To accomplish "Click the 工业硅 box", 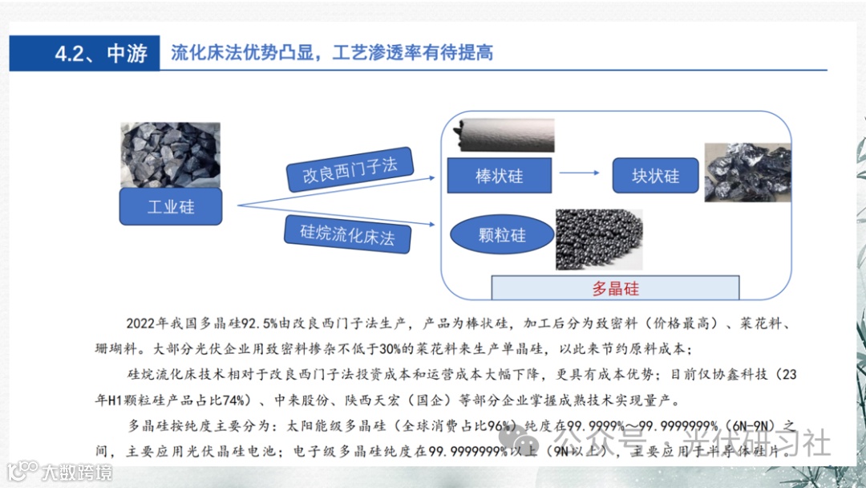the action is click(171, 207).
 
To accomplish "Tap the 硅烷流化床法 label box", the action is click(348, 234).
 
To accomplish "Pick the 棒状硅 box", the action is click(499, 176).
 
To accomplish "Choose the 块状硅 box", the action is click(654, 176).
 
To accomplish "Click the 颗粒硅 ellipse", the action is click(502, 235).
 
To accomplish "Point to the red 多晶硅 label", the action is click(616, 289).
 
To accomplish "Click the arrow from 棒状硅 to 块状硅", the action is click(580, 173).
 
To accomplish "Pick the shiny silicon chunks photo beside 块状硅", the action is click(746, 173).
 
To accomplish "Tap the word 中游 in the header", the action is click(127, 54).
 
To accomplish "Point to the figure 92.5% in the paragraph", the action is click(255, 323).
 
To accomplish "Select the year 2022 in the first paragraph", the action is click(144, 323).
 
